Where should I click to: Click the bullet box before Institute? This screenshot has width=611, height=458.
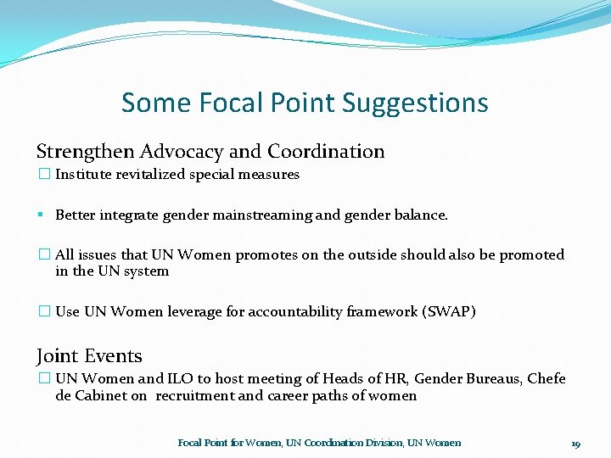(x=44, y=175)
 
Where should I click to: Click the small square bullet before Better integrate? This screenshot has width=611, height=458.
(x=41, y=215)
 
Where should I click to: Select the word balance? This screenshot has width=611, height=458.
(x=420, y=215)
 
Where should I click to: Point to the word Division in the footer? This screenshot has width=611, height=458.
(x=381, y=443)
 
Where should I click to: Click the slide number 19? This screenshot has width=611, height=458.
(x=575, y=444)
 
